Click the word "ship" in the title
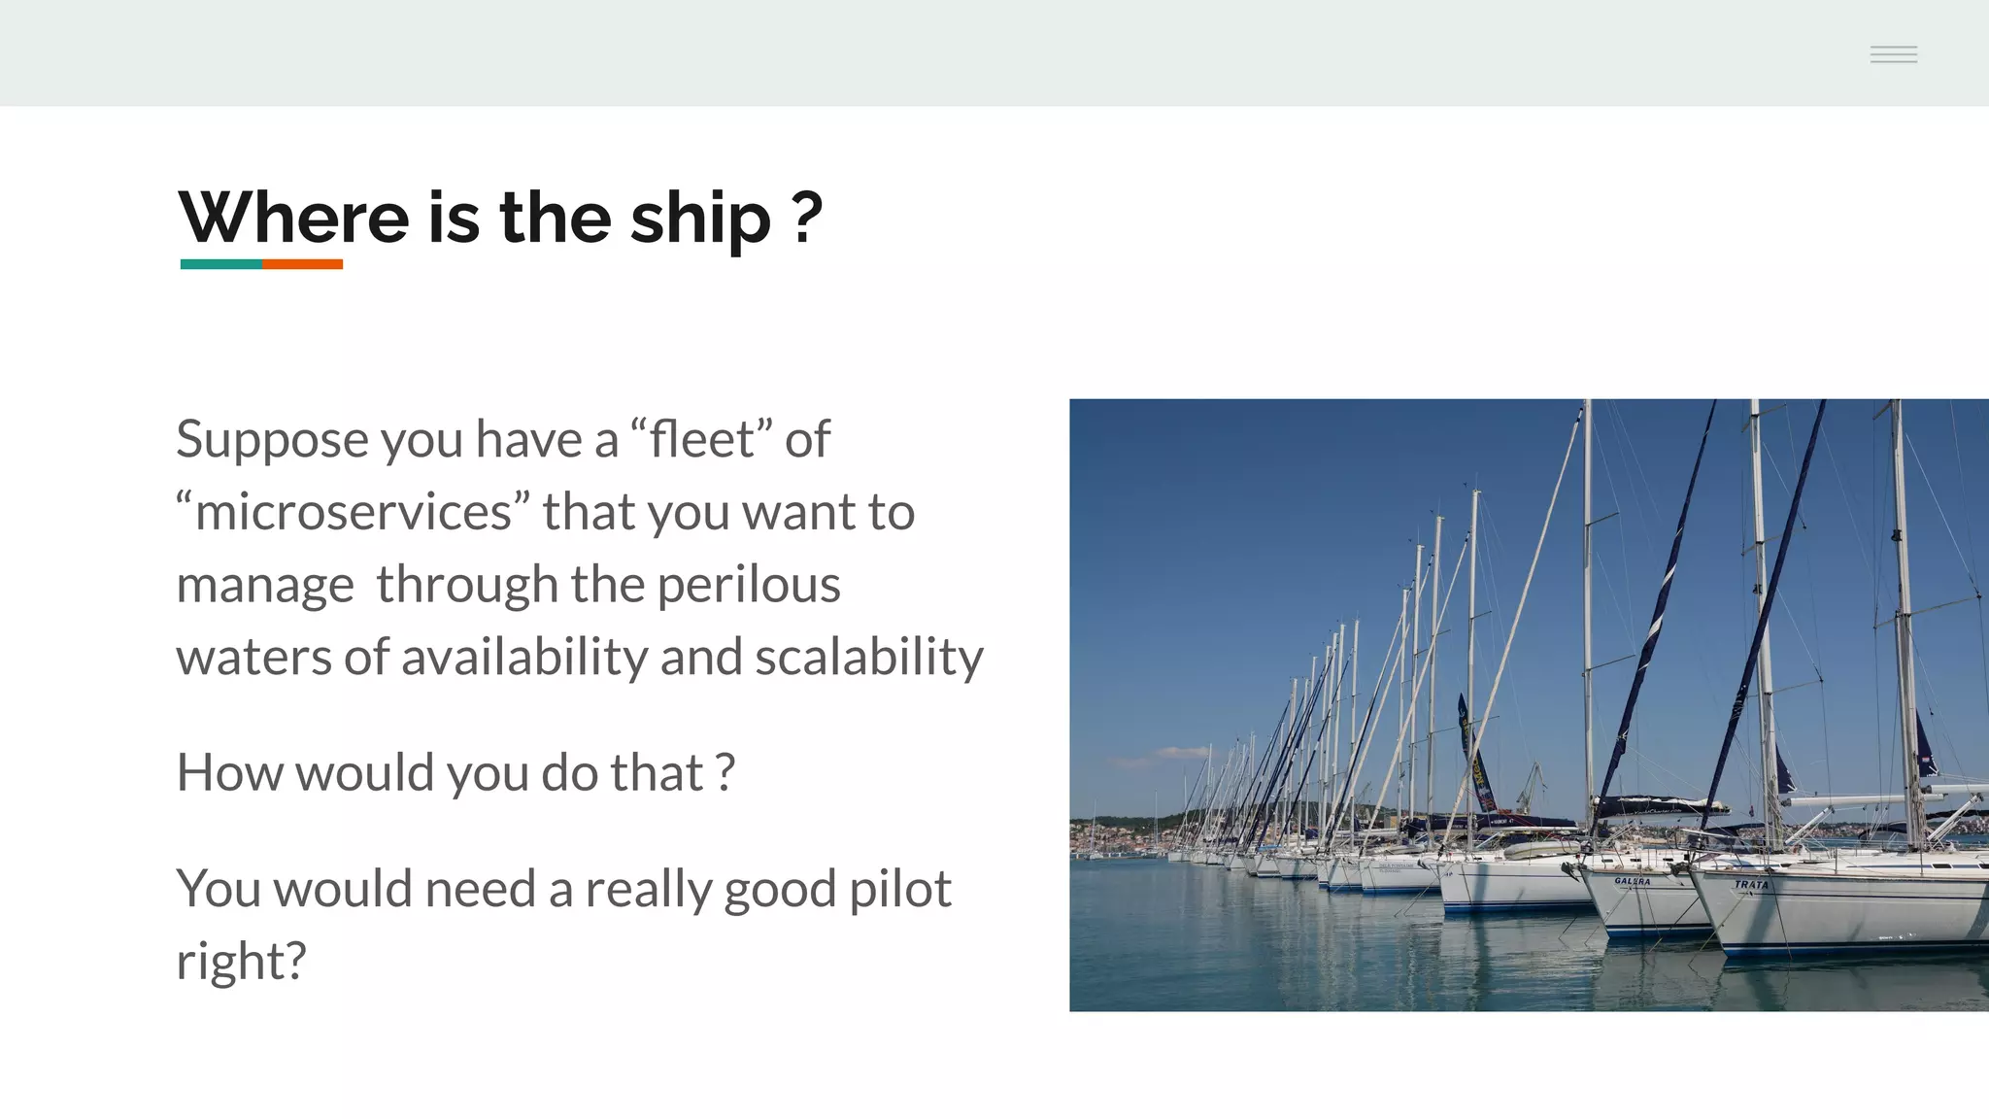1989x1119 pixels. [x=699, y=219]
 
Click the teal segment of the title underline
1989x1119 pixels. [x=220, y=264]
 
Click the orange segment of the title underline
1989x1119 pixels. [x=302, y=264]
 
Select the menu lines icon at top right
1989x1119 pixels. [x=1893, y=54]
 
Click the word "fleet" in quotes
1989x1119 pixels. [x=700, y=439]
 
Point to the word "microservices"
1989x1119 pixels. [x=354, y=512]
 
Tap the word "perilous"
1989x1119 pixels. [x=748, y=586]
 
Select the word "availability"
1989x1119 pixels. [x=524, y=658]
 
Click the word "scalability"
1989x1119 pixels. [x=868, y=658]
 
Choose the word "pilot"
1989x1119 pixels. [x=899, y=890]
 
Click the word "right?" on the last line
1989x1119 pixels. [x=241, y=962]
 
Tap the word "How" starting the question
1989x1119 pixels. [x=229, y=773]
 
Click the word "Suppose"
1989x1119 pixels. [x=272, y=440]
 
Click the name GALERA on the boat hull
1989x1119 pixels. [x=1632, y=881]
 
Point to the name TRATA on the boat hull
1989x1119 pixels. [x=1751, y=884]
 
